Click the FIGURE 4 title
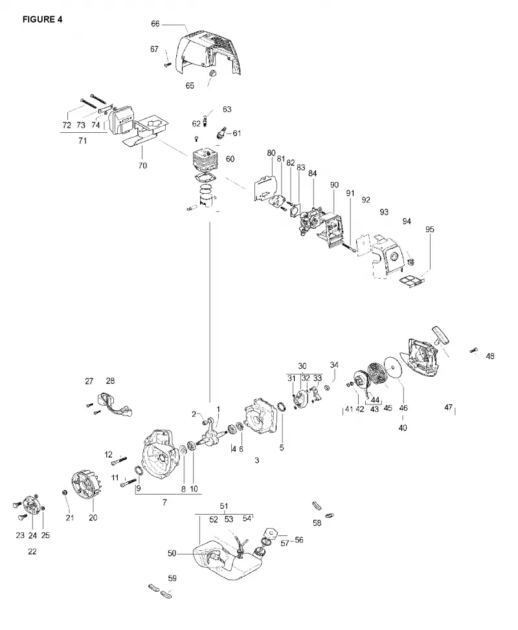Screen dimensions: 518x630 [43, 19]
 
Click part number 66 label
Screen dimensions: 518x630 [155, 24]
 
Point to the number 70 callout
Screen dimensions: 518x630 [142, 165]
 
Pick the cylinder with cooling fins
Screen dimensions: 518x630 [205, 160]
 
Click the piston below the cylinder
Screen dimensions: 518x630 [207, 200]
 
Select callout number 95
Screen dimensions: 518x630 [430, 229]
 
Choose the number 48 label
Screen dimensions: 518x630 [490, 356]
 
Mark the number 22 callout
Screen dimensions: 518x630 [32, 552]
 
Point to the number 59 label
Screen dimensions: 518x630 [172, 578]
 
